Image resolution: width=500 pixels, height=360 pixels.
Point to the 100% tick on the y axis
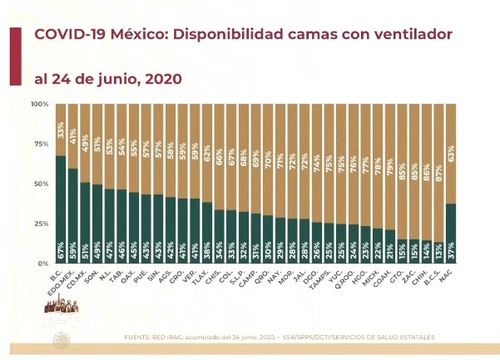40,104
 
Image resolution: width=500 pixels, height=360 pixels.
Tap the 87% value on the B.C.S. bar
438,114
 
